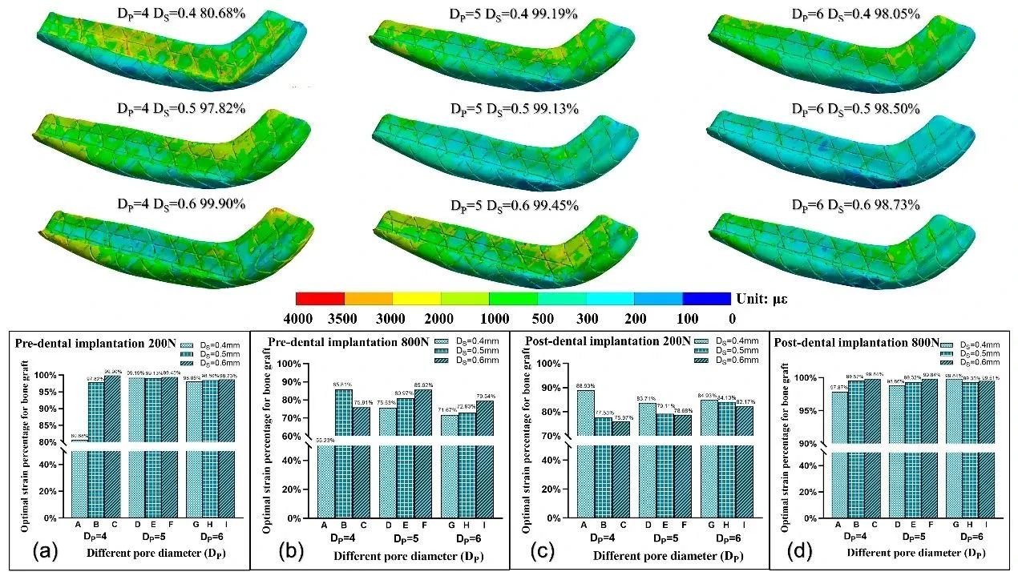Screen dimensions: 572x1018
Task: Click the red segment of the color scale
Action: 320,298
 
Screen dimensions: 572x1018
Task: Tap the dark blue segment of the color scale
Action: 706,298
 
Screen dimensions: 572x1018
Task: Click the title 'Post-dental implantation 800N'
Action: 857,342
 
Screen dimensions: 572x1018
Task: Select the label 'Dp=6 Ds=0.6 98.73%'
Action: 856,204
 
